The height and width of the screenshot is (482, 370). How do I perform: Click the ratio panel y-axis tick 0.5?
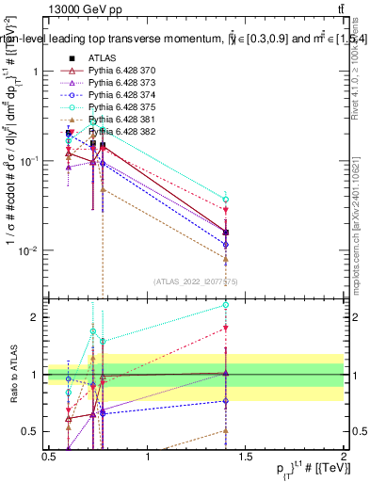pos(34,432)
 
